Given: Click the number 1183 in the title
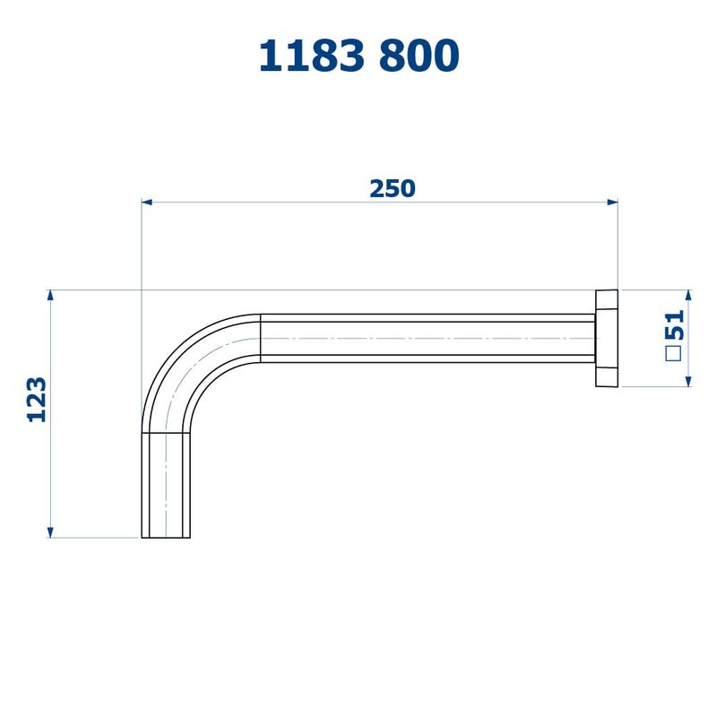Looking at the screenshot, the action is pos(312,56).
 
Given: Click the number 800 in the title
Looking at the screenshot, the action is pos(419,56).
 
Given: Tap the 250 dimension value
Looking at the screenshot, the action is pos(393,189).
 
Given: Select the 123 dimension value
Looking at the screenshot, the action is pos(37,400).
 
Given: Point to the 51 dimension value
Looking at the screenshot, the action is pos(676,325).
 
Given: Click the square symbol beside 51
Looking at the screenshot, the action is pos(674,353).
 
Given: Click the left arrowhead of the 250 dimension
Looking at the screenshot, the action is pos(146,203).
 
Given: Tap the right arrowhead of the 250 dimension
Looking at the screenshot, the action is pos(612,203).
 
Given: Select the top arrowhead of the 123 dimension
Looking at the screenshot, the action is pos(50,295).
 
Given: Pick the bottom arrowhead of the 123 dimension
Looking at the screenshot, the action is pos(50,532).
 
